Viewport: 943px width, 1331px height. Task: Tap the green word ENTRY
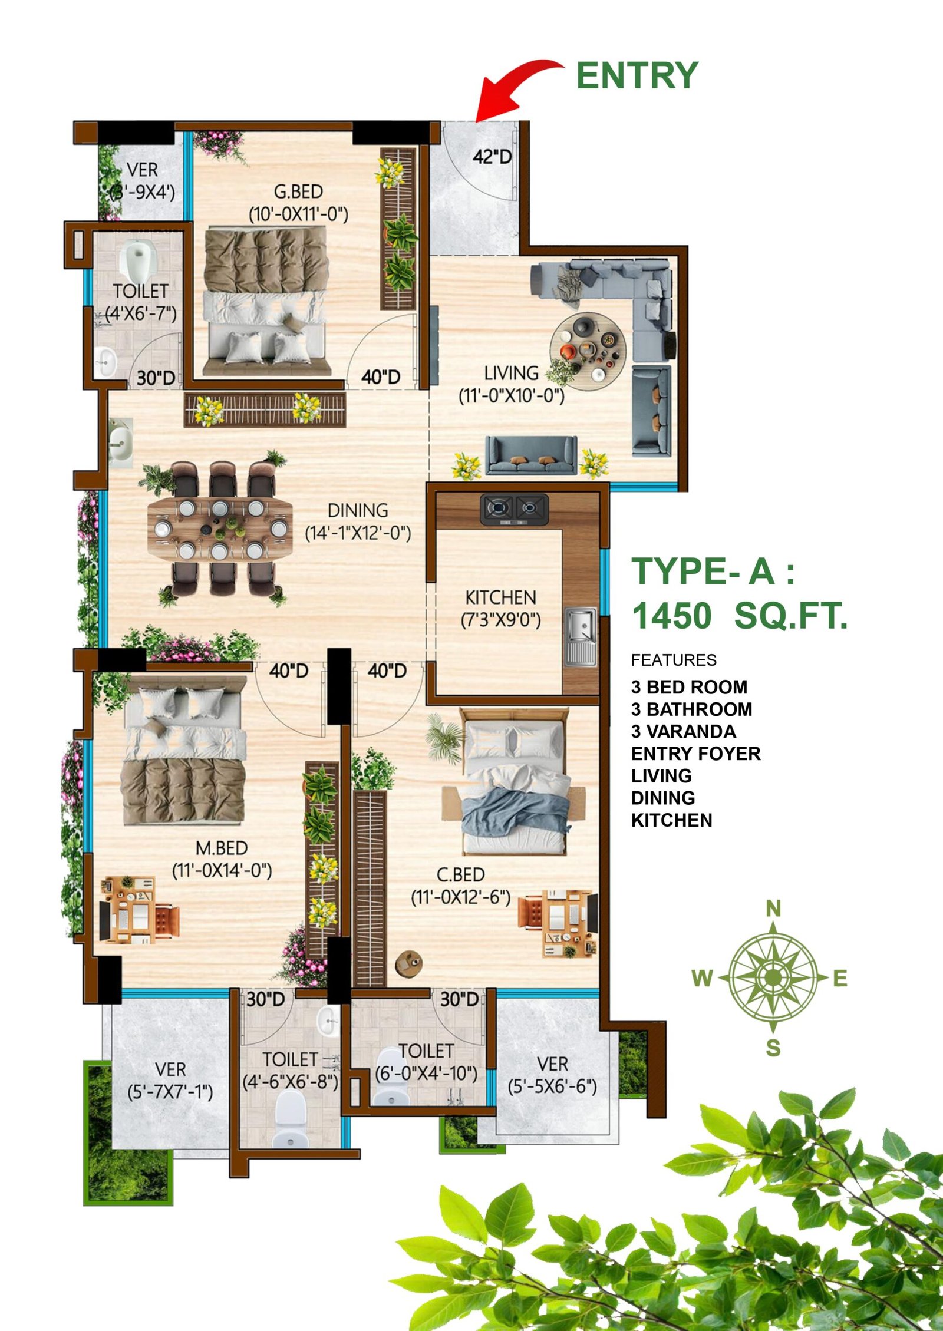pos(637,76)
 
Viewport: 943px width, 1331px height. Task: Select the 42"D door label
pos(492,157)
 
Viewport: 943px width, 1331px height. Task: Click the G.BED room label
pos(299,191)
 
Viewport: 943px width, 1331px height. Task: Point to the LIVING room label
pos(511,373)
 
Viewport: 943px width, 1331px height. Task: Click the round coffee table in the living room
pos(588,351)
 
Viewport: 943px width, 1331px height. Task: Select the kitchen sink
pos(581,638)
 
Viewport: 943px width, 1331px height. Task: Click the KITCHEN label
pos(500,597)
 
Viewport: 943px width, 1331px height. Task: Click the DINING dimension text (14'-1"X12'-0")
pos(358,533)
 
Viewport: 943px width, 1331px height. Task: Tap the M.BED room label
pos(222,848)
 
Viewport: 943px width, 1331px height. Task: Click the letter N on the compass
pos(773,909)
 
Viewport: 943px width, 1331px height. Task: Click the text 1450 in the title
pos(672,616)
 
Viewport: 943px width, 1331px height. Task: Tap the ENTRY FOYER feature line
pos(695,754)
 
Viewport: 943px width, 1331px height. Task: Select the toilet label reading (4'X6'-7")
pos(141,313)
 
